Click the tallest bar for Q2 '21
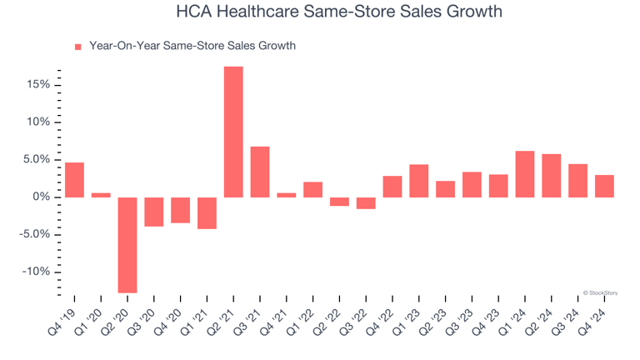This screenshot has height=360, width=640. click(x=233, y=132)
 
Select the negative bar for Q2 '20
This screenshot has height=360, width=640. click(x=127, y=245)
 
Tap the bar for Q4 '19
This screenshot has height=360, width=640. click(x=74, y=180)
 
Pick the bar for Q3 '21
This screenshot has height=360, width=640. click(x=260, y=172)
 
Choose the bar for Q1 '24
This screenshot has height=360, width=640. click(x=525, y=174)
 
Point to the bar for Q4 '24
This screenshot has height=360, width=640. click(x=604, y=186)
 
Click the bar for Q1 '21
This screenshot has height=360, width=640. click(x=207, y=212)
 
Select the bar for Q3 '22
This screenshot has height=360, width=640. click(x=366, y=202)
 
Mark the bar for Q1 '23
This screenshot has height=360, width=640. click(x=419, y=181)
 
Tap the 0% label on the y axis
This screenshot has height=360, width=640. click(x=42, y=197)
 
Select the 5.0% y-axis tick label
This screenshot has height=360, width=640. click(x=37, y=159)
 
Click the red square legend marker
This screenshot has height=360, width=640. click(x=78, y=47)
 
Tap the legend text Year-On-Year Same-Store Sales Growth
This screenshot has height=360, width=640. click(x=192, y=47)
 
